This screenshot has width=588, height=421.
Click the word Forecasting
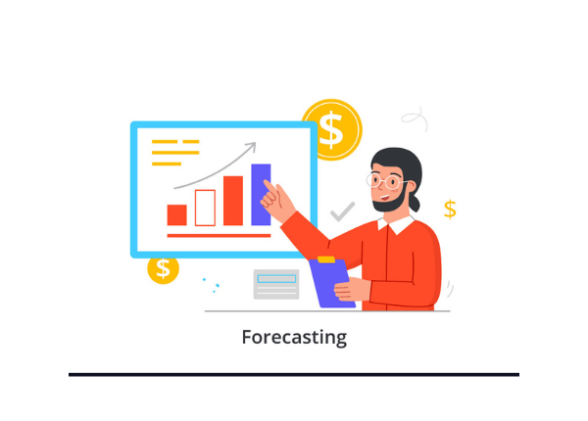(294, 338)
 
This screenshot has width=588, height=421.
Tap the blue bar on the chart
(261, 194)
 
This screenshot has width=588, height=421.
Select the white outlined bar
(205, 208)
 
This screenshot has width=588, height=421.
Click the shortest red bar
(176, 215)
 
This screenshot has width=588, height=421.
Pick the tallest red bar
(233, 201)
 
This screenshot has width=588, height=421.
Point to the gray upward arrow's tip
(254, 145)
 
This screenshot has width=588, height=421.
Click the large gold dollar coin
(331, 128)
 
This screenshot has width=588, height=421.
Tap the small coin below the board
(163, 267)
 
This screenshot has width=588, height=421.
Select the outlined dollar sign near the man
(450, 209)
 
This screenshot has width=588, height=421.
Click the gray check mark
(342, 210)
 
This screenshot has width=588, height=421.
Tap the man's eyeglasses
(388, 181)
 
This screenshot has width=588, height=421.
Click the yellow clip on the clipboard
(326, 260)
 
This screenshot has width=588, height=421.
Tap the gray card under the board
(276, 283)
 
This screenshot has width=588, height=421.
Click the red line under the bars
(219, 236)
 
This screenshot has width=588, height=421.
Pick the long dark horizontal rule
(294, 374)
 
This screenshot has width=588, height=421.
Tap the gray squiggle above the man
(415, 118)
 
